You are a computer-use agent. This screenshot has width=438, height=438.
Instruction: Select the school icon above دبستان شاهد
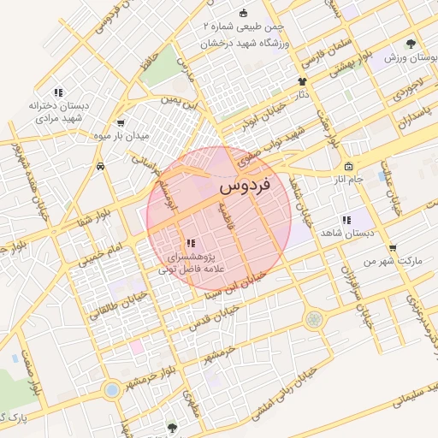click(x=346, y=220)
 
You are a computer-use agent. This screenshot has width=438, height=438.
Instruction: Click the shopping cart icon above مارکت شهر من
click(x=392, y=247)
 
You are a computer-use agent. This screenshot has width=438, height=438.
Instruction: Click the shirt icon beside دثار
click(x=302, y=82)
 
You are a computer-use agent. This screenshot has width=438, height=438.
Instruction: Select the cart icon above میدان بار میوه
click(x=120, y=122)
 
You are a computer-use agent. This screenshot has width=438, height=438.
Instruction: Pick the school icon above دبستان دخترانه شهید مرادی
click(x=57, y=92)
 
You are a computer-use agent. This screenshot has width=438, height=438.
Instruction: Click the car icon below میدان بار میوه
click(x=101, y=165)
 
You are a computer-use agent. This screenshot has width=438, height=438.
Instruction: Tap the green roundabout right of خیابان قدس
click(x=315, y=319)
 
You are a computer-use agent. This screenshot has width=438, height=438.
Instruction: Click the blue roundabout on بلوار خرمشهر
click(x=110, y=391)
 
